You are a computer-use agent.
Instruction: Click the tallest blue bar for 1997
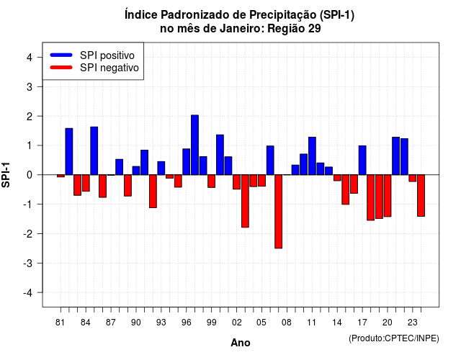tap(194, 145)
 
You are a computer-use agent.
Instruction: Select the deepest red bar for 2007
tap(279, 212)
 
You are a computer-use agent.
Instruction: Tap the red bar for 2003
tap(245, 201)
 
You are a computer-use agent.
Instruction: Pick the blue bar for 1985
tap(94, 150)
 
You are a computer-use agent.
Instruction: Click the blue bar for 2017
tap(362, 160)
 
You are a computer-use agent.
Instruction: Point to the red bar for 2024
tap(421, 195)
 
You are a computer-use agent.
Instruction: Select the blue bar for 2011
tap(312, 156)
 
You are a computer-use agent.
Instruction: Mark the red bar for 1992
tap(153, 192)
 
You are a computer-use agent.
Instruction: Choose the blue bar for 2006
tap(270, 160)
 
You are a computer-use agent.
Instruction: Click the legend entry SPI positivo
tap(107, 55)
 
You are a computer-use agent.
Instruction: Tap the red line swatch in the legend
tap(61, 68)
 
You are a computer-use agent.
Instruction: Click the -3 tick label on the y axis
tap(28, 263)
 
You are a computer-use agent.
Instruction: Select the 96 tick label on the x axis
tap(186, 323)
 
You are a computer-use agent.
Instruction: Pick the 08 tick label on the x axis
tap(287, 323)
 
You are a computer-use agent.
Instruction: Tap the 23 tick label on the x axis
tap(412, 323)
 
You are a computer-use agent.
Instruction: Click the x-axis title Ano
tap(241, 343)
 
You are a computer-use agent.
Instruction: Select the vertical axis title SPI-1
tap(6, 175)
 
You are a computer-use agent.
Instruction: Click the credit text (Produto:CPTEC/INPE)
tap(394, 338)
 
